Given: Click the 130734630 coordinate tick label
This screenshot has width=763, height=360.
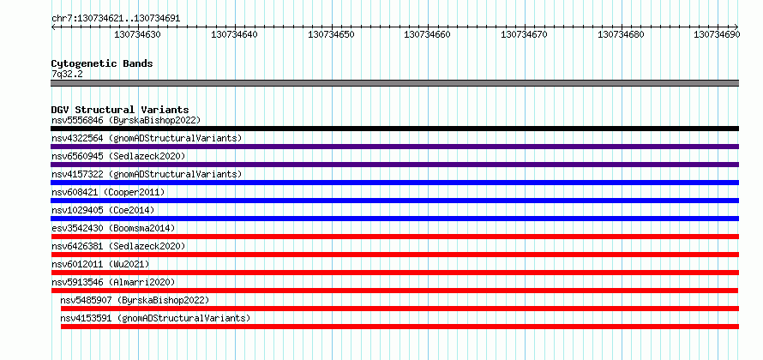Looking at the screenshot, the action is pos(137,34).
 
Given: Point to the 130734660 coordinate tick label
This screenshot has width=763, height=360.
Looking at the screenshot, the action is pos(427,34).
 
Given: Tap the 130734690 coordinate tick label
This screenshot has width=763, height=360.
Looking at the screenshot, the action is pos(718,34).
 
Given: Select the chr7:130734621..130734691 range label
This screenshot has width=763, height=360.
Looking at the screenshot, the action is pos(116,19).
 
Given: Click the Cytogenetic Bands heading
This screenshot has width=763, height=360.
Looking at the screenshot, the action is pos(102,63).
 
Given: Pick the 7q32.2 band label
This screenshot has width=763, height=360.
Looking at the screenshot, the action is pos(67,74).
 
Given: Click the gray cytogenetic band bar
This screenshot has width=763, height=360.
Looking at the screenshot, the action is pos(394,83).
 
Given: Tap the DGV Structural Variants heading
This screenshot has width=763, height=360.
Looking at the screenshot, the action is pos(120,110).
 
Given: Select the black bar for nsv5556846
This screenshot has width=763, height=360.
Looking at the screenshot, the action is pos(394,129).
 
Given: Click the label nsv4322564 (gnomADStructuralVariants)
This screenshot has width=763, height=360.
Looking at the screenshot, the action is pos(147,138).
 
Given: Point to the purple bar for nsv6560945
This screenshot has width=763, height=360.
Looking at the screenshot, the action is pos(394,165).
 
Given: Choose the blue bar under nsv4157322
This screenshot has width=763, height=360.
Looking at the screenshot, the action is pos(394,183).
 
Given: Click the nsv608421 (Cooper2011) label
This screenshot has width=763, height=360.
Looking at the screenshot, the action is pos(108,192).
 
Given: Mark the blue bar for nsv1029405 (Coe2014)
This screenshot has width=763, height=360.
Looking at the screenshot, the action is pos(394,219).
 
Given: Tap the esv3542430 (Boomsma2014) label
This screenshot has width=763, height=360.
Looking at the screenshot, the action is pos(113,228).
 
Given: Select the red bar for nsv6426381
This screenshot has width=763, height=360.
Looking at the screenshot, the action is pos(394,255).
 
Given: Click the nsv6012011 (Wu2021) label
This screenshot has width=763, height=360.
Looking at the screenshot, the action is pos(100,264).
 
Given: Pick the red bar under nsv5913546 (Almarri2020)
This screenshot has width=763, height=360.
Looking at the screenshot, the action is pos(394,291).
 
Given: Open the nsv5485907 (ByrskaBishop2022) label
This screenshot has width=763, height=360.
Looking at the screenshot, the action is pos(135,300).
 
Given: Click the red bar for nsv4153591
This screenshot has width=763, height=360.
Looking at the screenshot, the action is pos(400,327).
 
